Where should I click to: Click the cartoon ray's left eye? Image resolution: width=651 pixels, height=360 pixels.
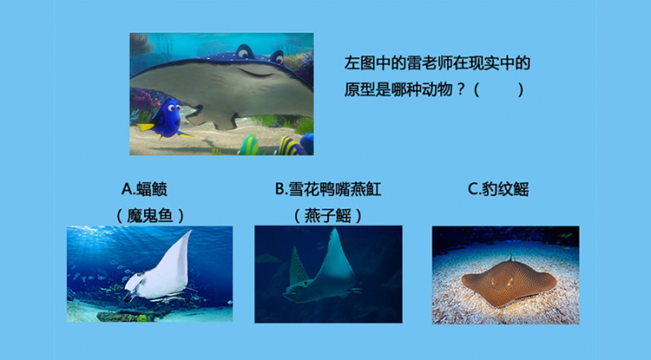click(245, 51)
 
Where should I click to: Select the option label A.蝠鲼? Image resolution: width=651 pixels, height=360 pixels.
click(144, 189)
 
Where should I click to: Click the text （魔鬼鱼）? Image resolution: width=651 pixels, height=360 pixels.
click(149, 216)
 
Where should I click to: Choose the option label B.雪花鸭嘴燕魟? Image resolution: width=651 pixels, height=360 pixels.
click(328, 189)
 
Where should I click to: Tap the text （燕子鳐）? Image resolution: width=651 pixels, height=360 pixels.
click(328, 216)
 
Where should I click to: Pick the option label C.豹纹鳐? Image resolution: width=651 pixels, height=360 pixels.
click(498, 189)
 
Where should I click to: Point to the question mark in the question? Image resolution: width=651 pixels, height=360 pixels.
click(460, 89)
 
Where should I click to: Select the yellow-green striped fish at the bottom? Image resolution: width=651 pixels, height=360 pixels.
click(249, 146)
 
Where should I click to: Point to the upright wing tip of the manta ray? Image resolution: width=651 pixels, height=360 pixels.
click(189, 232)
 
